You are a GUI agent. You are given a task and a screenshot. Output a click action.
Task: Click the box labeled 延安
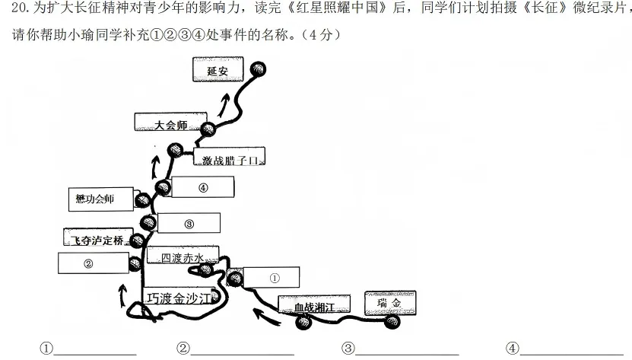click(218, 69)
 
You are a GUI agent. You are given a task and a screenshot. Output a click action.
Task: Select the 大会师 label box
click(170, 122)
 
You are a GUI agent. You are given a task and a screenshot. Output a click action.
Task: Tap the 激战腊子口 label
click(229, 157)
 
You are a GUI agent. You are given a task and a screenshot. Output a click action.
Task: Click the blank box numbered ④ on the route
click(203, 187)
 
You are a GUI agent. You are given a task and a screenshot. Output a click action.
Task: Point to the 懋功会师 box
click(100, 199)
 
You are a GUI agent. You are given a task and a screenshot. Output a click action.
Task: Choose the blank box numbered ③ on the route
click(189, 223)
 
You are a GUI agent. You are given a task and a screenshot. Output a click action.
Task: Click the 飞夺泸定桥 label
click(98, 237)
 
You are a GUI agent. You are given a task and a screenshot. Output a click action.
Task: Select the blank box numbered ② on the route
click(94, 263)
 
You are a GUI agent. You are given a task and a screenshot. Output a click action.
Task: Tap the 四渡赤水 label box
click(183, 255)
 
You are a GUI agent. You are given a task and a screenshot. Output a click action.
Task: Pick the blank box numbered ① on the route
click(272, 277)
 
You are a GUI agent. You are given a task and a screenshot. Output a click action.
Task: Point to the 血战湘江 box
click(314, 304)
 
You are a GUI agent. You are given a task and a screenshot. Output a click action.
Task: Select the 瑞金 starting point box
click(390, 303)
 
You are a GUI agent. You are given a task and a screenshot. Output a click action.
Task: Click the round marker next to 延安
click(258, 69)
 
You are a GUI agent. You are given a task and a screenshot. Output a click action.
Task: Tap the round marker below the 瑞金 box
click(392, 322)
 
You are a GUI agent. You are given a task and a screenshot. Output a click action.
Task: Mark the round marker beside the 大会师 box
click(208, 129)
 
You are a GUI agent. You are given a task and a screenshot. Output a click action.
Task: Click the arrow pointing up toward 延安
click(224, 104)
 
